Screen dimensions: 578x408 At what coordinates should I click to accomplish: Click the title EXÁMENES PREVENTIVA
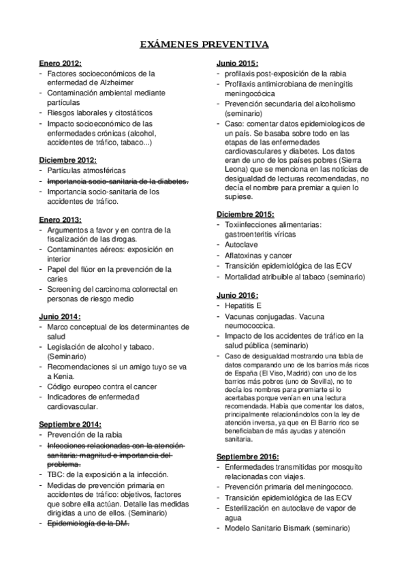(204, 45)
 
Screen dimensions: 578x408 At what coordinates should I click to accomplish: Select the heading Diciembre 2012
(67, 159)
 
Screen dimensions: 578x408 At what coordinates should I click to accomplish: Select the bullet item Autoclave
(240, 243)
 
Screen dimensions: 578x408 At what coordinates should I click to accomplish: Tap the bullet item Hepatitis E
(242, 306)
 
